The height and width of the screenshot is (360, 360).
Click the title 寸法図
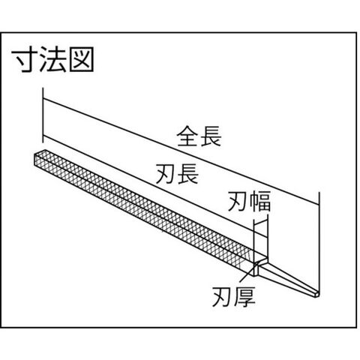[53, 59]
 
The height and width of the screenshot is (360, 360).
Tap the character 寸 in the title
[25, 59]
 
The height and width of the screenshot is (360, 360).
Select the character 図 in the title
[82, 59]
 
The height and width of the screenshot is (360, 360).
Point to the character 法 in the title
[53, 59]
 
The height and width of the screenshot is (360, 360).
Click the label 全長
[199, 136]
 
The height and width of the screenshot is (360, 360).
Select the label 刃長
[177, 174]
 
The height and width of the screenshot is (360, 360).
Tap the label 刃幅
[249, 201]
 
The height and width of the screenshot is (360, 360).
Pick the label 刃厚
[234, 296]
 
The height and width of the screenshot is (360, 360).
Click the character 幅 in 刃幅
[260, 201]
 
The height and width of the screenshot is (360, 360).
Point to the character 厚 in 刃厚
[245, 296]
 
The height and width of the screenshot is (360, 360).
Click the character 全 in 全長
[187, 136]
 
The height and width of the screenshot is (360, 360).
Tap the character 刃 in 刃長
[166, 174]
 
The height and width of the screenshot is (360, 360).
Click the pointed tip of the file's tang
[317, 293]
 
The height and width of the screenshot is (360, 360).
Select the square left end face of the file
[40, 159]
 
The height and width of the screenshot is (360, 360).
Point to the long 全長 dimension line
[181, 152]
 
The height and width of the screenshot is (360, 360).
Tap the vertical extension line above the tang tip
[319, 241]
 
